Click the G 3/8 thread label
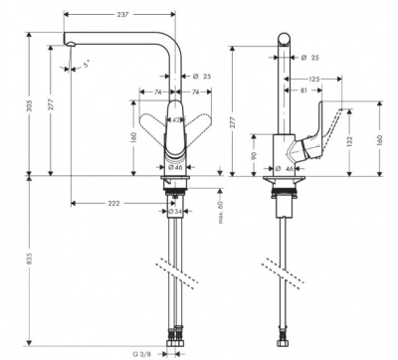point(142,351)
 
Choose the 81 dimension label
point(302,92)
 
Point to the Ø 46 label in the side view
point(287,170)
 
